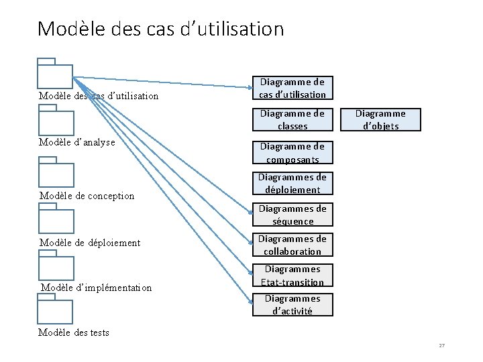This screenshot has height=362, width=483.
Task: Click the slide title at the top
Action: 161,29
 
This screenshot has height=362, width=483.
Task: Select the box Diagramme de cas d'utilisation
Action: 292,88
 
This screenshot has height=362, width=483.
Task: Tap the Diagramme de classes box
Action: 292,119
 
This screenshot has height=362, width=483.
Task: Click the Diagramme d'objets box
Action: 380,119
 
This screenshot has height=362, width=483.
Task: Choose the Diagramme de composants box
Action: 292,153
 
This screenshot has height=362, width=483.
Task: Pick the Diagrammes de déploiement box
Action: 292,184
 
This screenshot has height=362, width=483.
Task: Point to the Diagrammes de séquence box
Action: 292,215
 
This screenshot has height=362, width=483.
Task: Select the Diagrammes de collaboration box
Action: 292,245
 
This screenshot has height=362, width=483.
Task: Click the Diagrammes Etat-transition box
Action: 292,276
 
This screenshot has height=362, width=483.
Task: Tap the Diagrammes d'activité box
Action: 292,304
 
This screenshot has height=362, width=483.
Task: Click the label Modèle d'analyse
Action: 77,142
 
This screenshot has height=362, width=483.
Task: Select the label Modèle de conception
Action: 87,196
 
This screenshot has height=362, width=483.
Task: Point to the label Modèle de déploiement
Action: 90,243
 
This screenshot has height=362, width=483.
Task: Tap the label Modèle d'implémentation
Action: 97,288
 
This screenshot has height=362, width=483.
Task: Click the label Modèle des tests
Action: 74,333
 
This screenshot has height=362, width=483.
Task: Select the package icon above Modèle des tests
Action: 56,310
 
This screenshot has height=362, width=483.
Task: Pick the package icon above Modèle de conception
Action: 56,172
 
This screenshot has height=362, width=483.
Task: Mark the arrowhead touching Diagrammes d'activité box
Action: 250,300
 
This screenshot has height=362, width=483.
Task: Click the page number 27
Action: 441,345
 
